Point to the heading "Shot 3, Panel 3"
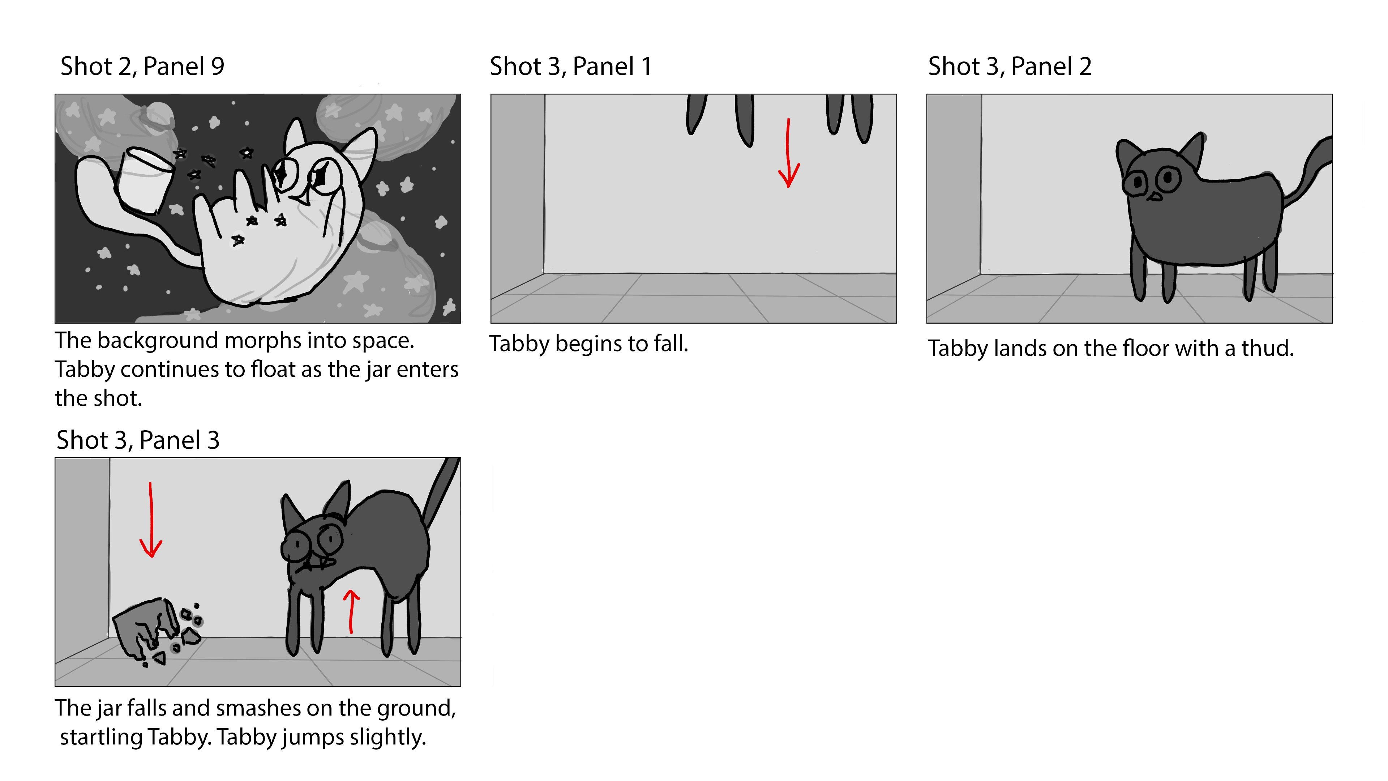(x=138, y=440)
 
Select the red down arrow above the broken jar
(x=151, y=520)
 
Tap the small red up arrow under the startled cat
(x=351, y=612)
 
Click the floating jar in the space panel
(x=144, y=179)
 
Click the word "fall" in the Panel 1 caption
(x=671, y=343)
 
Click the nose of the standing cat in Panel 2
(x=1154, y=197)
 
